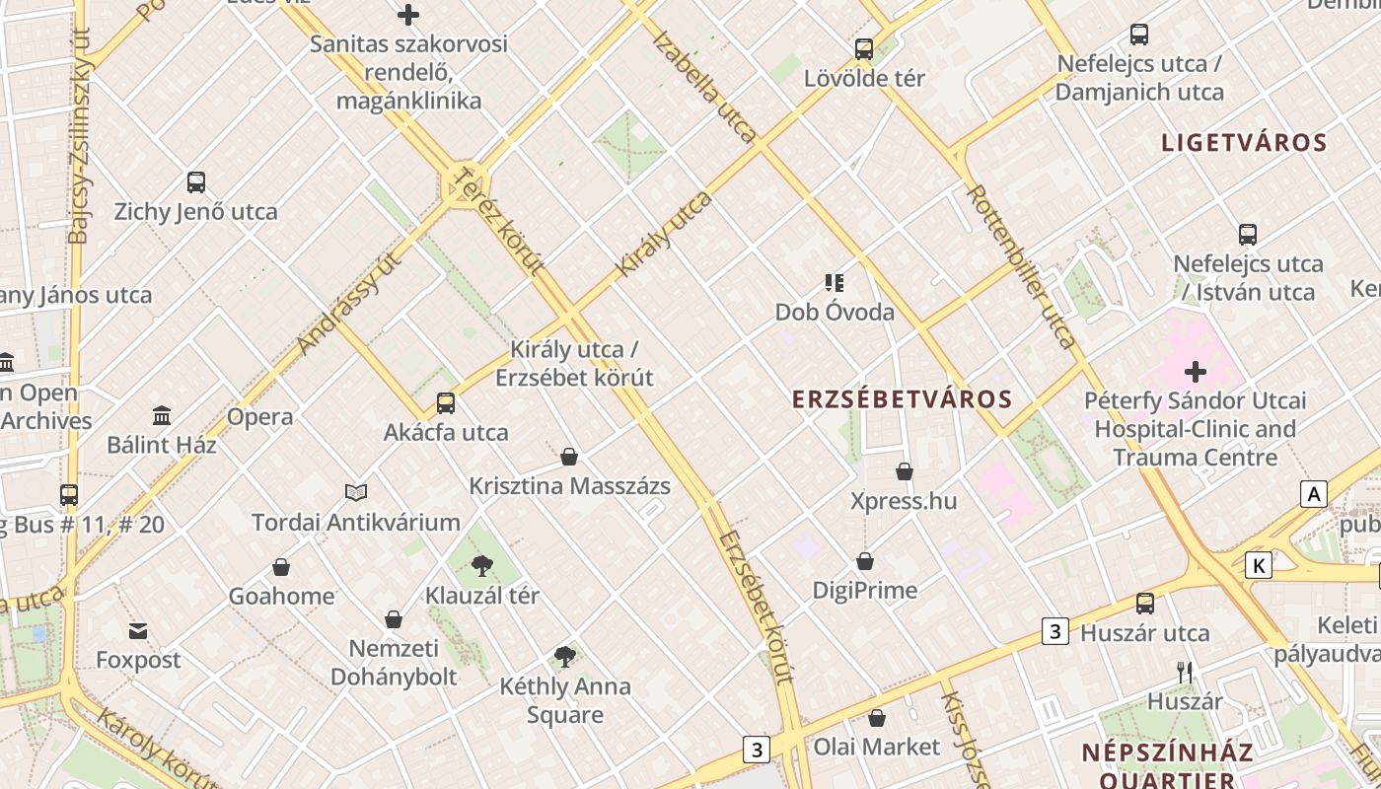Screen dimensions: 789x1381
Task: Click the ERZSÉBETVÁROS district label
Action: [x=903, y=399]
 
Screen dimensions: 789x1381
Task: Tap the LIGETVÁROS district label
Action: [x=1244, y=143]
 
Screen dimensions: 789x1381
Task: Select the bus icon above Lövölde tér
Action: [x=864, y=48]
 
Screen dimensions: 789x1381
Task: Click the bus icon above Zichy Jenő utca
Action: [x=196, y=182]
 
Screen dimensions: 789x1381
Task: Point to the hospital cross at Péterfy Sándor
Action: [x=1196, y=372]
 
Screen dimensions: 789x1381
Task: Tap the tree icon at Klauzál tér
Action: [x=481, y=566]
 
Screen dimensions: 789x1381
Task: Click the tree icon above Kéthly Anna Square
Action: [x=564, y=657]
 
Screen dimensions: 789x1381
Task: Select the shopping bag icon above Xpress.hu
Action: [x=905, y=471]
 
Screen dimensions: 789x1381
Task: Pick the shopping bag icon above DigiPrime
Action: [x=865, y=561]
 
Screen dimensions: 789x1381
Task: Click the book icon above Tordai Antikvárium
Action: [x=356, y=492]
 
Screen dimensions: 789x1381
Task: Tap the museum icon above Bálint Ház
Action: [x=162, y=415]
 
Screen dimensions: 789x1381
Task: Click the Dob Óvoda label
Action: [x=835, y=313]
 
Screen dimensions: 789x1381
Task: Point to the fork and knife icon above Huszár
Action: [x=1185, y=673]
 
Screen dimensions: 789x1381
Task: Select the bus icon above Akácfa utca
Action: [x=446, y=402]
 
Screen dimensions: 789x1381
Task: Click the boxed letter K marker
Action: [x=1258, y=565]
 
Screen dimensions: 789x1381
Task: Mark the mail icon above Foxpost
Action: [x=137, y=630]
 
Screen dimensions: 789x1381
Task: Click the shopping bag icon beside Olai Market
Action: [x=877, y=718]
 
